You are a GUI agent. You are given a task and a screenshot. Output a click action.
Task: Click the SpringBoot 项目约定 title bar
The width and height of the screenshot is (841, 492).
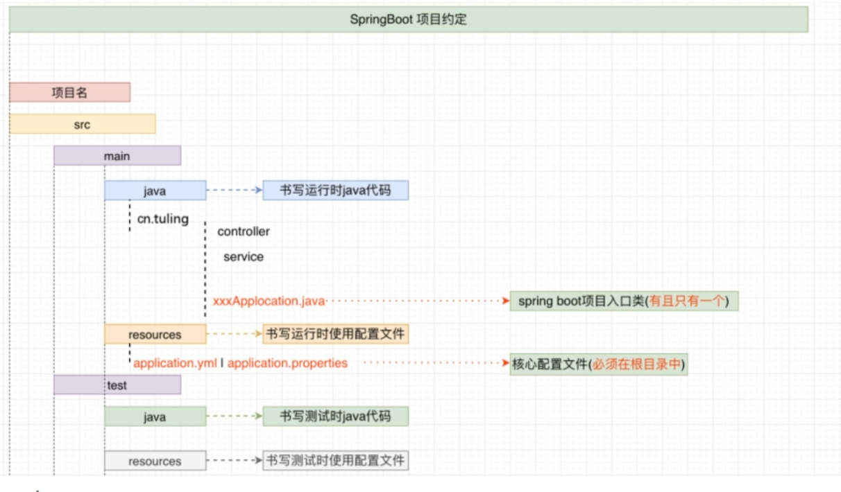click(408, 19)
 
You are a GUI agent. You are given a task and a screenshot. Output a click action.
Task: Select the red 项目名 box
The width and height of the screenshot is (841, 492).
click(69, 92)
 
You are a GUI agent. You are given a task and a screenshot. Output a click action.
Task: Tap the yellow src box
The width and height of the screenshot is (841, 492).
click(82, 125)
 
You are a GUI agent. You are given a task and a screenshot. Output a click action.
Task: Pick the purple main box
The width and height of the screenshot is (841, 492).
click(117, 156)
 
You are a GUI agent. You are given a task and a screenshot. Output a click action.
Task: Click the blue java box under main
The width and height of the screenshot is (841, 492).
click(155, 190)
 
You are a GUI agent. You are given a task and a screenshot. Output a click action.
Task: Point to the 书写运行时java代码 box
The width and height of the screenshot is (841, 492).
click(335, 190)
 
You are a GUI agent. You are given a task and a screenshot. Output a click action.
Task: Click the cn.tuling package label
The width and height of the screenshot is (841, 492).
click(162, 219)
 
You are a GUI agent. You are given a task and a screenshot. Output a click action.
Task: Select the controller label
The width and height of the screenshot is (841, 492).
click(244, 231)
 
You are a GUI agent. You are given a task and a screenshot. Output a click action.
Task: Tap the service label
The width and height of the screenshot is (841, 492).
click(244, 257)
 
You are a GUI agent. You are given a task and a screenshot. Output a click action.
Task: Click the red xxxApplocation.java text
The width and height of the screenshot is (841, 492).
click(269, 301)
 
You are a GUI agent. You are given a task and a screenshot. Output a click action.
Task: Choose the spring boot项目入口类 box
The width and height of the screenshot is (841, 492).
click(624, 301)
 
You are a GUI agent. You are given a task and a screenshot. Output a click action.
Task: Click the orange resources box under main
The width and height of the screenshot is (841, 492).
click(155, 335)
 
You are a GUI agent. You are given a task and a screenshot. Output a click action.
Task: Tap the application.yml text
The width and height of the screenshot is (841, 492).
click(175, 363)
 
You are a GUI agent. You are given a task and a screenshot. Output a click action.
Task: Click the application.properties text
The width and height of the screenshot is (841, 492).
click(287, 363)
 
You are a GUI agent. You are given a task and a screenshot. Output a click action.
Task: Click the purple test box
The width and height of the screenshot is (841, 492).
click(117, 385)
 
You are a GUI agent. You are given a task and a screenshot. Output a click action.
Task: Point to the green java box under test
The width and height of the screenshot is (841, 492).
click(155, 416)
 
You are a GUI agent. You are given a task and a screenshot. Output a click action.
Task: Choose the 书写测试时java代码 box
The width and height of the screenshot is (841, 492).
click(335, 416)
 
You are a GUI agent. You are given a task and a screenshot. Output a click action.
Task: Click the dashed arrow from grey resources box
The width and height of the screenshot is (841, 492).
click(234, 461)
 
